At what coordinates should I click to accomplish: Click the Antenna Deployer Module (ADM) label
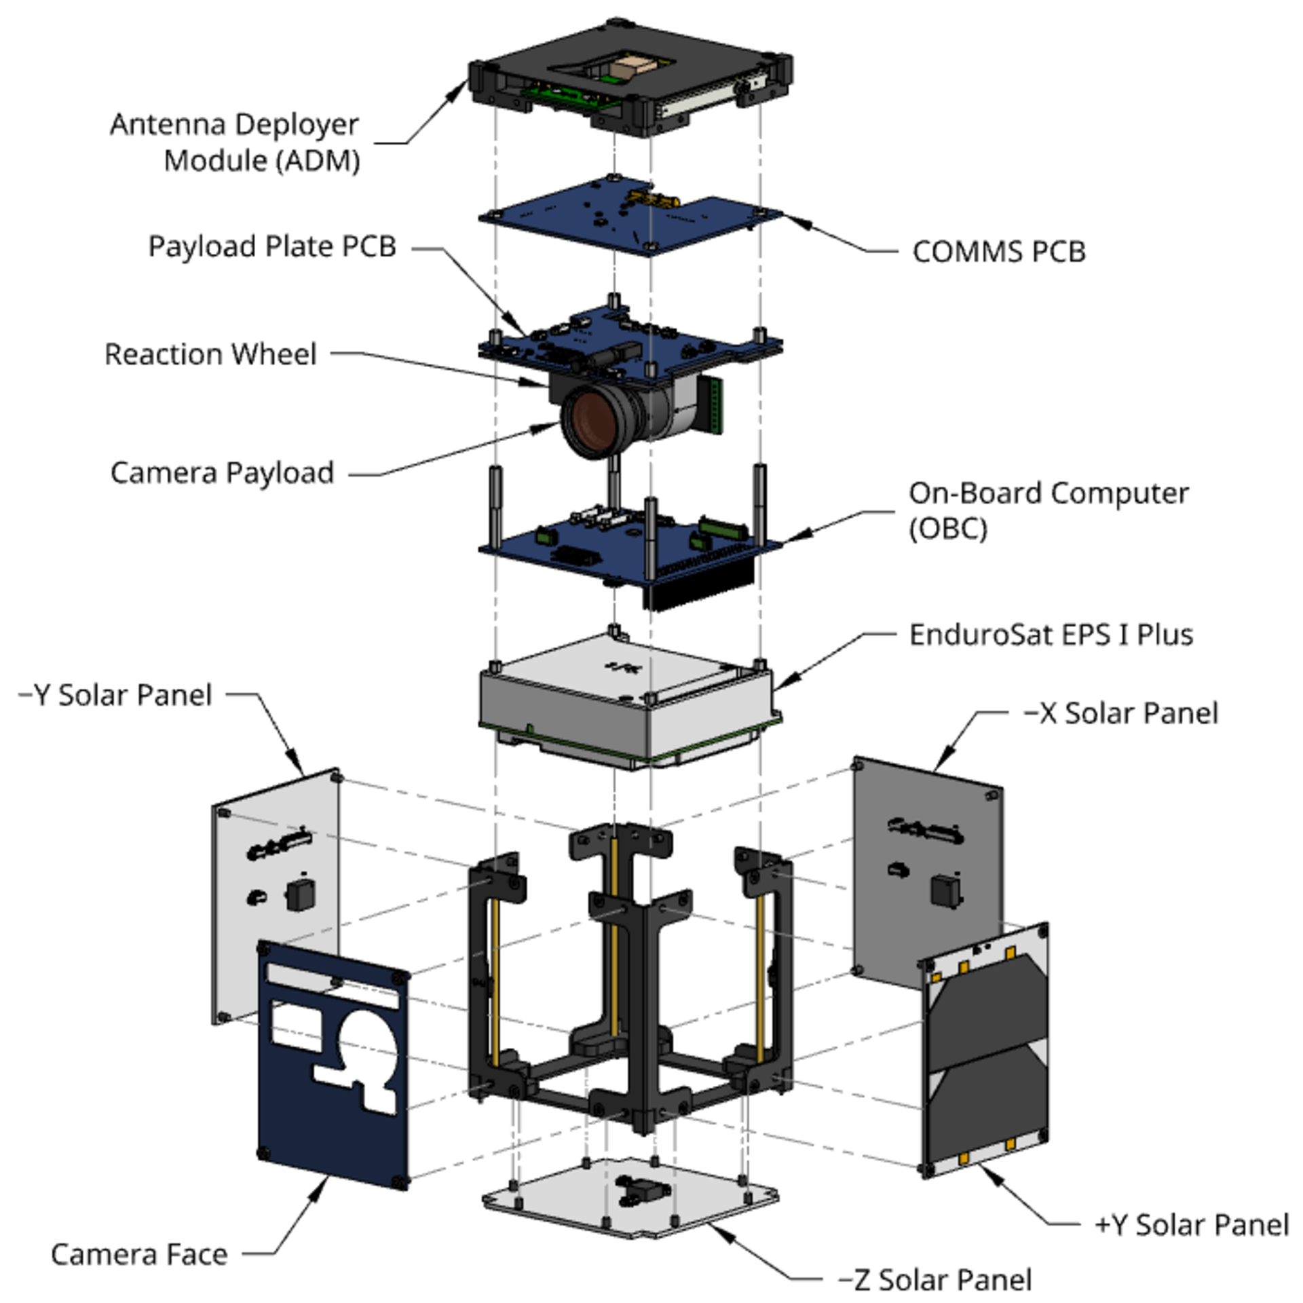click(234, 143)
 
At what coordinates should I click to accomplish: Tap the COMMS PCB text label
click(998, 252)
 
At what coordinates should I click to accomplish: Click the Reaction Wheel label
click(210, 354)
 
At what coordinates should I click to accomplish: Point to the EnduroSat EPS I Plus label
click(1051, 635)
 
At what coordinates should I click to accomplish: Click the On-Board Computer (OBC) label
click(1048, 510)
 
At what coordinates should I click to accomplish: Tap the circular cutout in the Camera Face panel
click(366, 1045)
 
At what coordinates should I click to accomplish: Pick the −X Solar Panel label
click(1120, 713)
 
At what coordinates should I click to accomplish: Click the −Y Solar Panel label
click(115, 695)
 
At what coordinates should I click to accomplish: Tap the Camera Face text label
click(139, 1236)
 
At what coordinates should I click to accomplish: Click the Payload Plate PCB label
click(271, 246)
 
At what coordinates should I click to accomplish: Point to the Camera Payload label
click(222, 473)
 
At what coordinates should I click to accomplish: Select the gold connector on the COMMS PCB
click(655, 199)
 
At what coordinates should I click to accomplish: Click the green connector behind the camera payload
click(713, 405)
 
